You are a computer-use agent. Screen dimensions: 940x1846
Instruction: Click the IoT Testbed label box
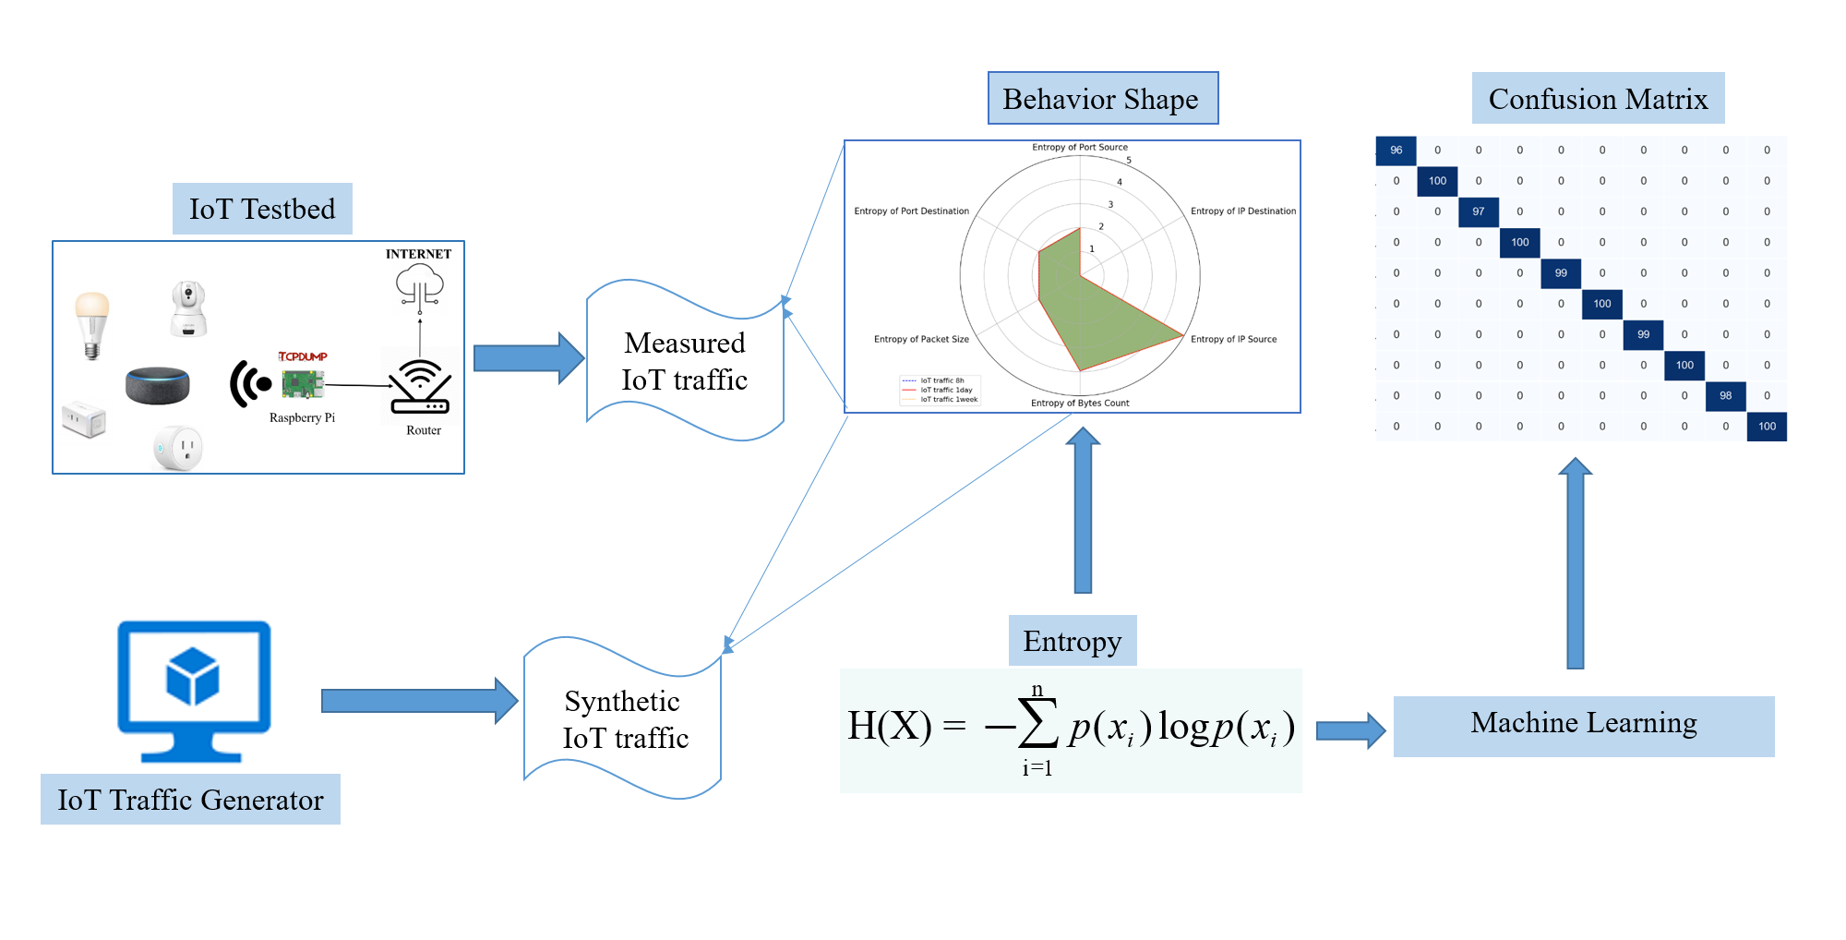(x=262, y=209)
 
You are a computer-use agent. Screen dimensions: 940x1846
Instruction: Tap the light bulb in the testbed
(x=91, y=323)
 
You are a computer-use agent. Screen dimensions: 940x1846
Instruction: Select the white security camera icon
(x=189, y=308)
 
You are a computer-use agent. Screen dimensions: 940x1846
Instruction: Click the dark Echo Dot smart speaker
(x=158, y=384)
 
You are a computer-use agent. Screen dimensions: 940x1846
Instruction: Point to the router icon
(x=420, y=387)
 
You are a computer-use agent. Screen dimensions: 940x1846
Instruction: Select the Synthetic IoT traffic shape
(x=624, y=719)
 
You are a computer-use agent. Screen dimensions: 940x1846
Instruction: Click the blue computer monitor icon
(x=194, y=689)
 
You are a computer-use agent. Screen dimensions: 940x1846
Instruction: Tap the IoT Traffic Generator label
(x=190, y=800)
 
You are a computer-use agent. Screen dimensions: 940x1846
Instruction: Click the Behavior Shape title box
(x=1102, y=99)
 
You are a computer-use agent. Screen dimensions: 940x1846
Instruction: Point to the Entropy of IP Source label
(x=1233, y=339)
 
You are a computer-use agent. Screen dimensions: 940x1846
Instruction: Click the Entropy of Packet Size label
(x=921, y=339)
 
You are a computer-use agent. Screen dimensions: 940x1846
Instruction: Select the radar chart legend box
(x=940, y=390)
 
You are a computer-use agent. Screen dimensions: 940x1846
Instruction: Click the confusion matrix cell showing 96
(x=1396, y=151)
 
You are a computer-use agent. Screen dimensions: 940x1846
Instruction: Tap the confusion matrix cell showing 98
(x=1725, y=395)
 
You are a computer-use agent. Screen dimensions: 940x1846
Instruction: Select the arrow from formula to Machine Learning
(x=1349, y=730)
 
